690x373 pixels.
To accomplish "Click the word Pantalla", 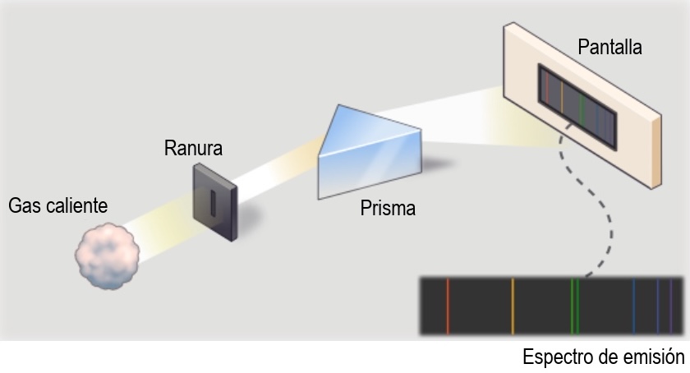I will coord(609,47).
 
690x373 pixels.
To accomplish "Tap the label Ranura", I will coord(193,149).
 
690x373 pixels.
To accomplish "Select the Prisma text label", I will coord(388,209).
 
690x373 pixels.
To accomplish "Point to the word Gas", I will coord(24,205).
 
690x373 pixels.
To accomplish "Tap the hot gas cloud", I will coord(108,258).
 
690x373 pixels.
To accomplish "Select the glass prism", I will coord(370,156).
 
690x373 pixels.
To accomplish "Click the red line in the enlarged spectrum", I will coord(448,306).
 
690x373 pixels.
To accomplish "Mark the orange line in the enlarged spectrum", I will coord(513,306).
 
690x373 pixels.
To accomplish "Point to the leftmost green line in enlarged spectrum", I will coord(572,306).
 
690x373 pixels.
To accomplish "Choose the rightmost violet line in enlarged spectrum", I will coord(670,306).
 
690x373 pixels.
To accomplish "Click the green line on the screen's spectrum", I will coord(581,105).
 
